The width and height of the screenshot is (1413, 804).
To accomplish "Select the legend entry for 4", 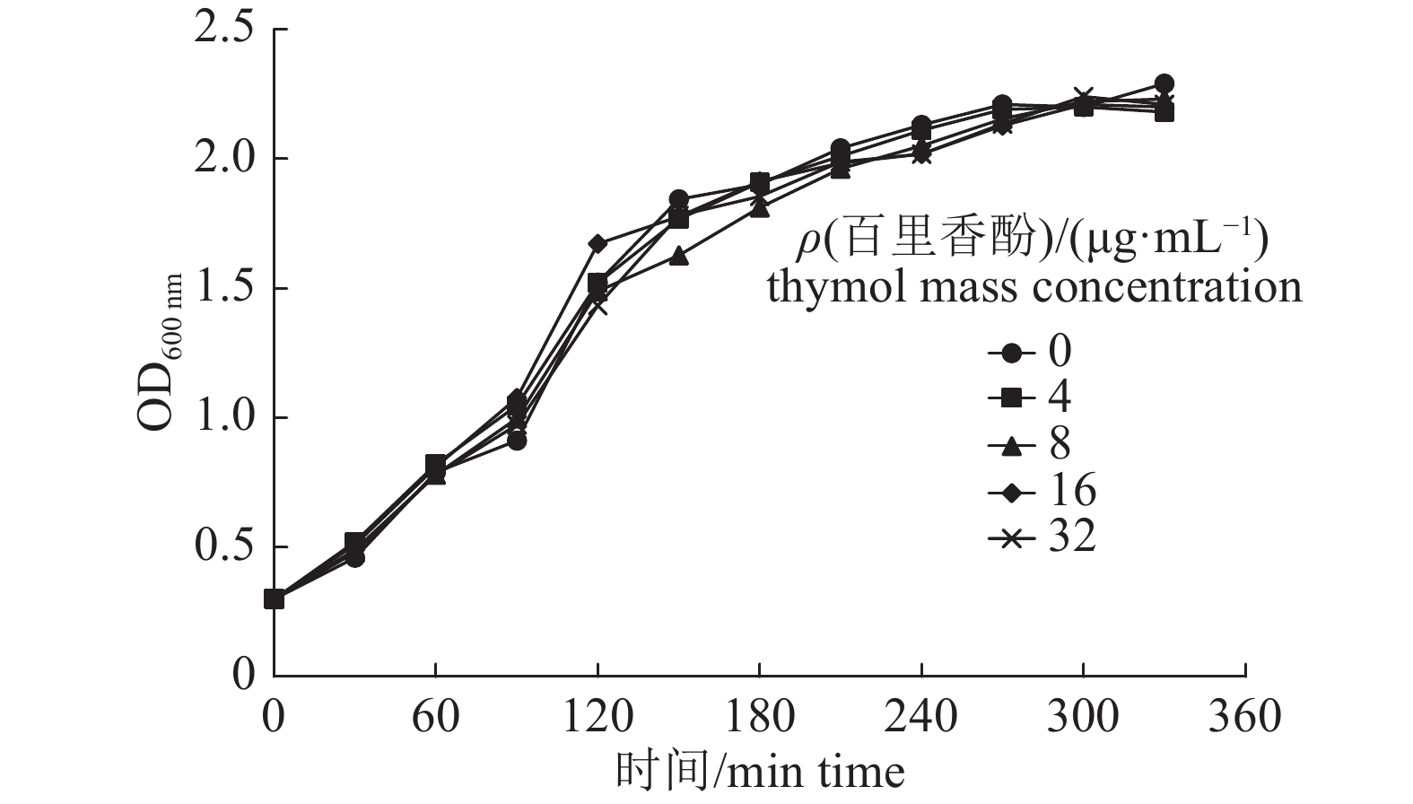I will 1041,398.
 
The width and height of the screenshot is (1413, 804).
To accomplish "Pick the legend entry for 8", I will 1041,444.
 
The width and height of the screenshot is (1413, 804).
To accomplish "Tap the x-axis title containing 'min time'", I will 760,772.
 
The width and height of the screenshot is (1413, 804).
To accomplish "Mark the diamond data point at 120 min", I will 597,244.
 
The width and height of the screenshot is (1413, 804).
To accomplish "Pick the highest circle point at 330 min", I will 1164,83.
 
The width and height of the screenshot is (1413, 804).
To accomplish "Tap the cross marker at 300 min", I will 1083,97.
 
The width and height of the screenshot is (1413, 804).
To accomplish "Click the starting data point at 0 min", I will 275,599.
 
